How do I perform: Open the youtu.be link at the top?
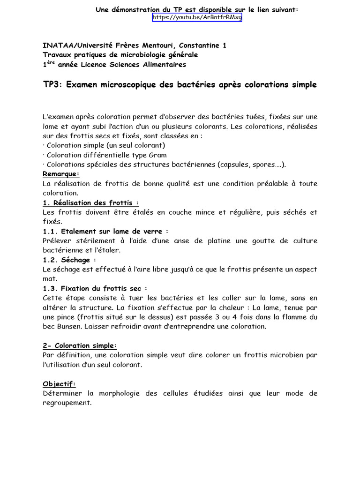point(197,18)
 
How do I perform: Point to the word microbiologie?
point(129,55)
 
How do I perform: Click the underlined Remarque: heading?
point(60,174)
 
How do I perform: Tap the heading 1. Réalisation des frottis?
point(90,202)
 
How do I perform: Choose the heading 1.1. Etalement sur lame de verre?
point(105,231)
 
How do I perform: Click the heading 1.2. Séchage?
point(69,260)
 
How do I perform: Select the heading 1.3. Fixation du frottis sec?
point(94,288)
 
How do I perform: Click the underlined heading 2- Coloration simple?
point(80,345)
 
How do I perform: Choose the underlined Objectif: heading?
point(59,383)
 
